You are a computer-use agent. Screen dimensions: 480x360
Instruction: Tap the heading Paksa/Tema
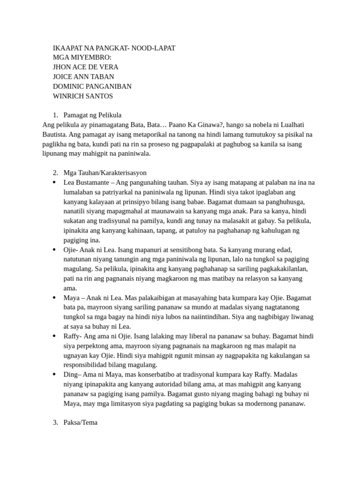pos(81,422)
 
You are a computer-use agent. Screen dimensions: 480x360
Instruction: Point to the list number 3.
pos(55,422)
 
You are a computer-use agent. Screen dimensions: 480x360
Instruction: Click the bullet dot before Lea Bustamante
pos(54,182)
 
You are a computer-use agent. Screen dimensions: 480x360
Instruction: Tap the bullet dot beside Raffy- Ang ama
pos(54,336)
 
